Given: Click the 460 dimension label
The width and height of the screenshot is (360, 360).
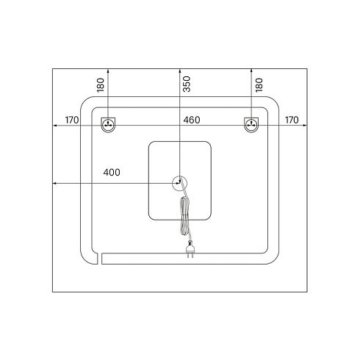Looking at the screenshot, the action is coord(192,120).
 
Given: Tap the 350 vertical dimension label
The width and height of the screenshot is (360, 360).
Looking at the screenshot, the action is coord(187,84).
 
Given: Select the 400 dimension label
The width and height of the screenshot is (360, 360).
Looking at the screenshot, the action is coord(112,173).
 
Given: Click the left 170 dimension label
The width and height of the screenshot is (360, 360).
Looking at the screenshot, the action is coord(72,120).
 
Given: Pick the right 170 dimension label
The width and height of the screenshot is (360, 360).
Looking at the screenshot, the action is coord(292,120).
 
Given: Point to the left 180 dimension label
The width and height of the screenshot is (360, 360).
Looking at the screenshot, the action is coord(101,85).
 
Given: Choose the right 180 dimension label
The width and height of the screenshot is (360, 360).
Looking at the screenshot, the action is coord(259,85).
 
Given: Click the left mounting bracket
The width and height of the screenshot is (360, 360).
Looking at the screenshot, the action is coord(108,125).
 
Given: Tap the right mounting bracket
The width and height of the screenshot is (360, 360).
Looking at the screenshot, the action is coord(251,125).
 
